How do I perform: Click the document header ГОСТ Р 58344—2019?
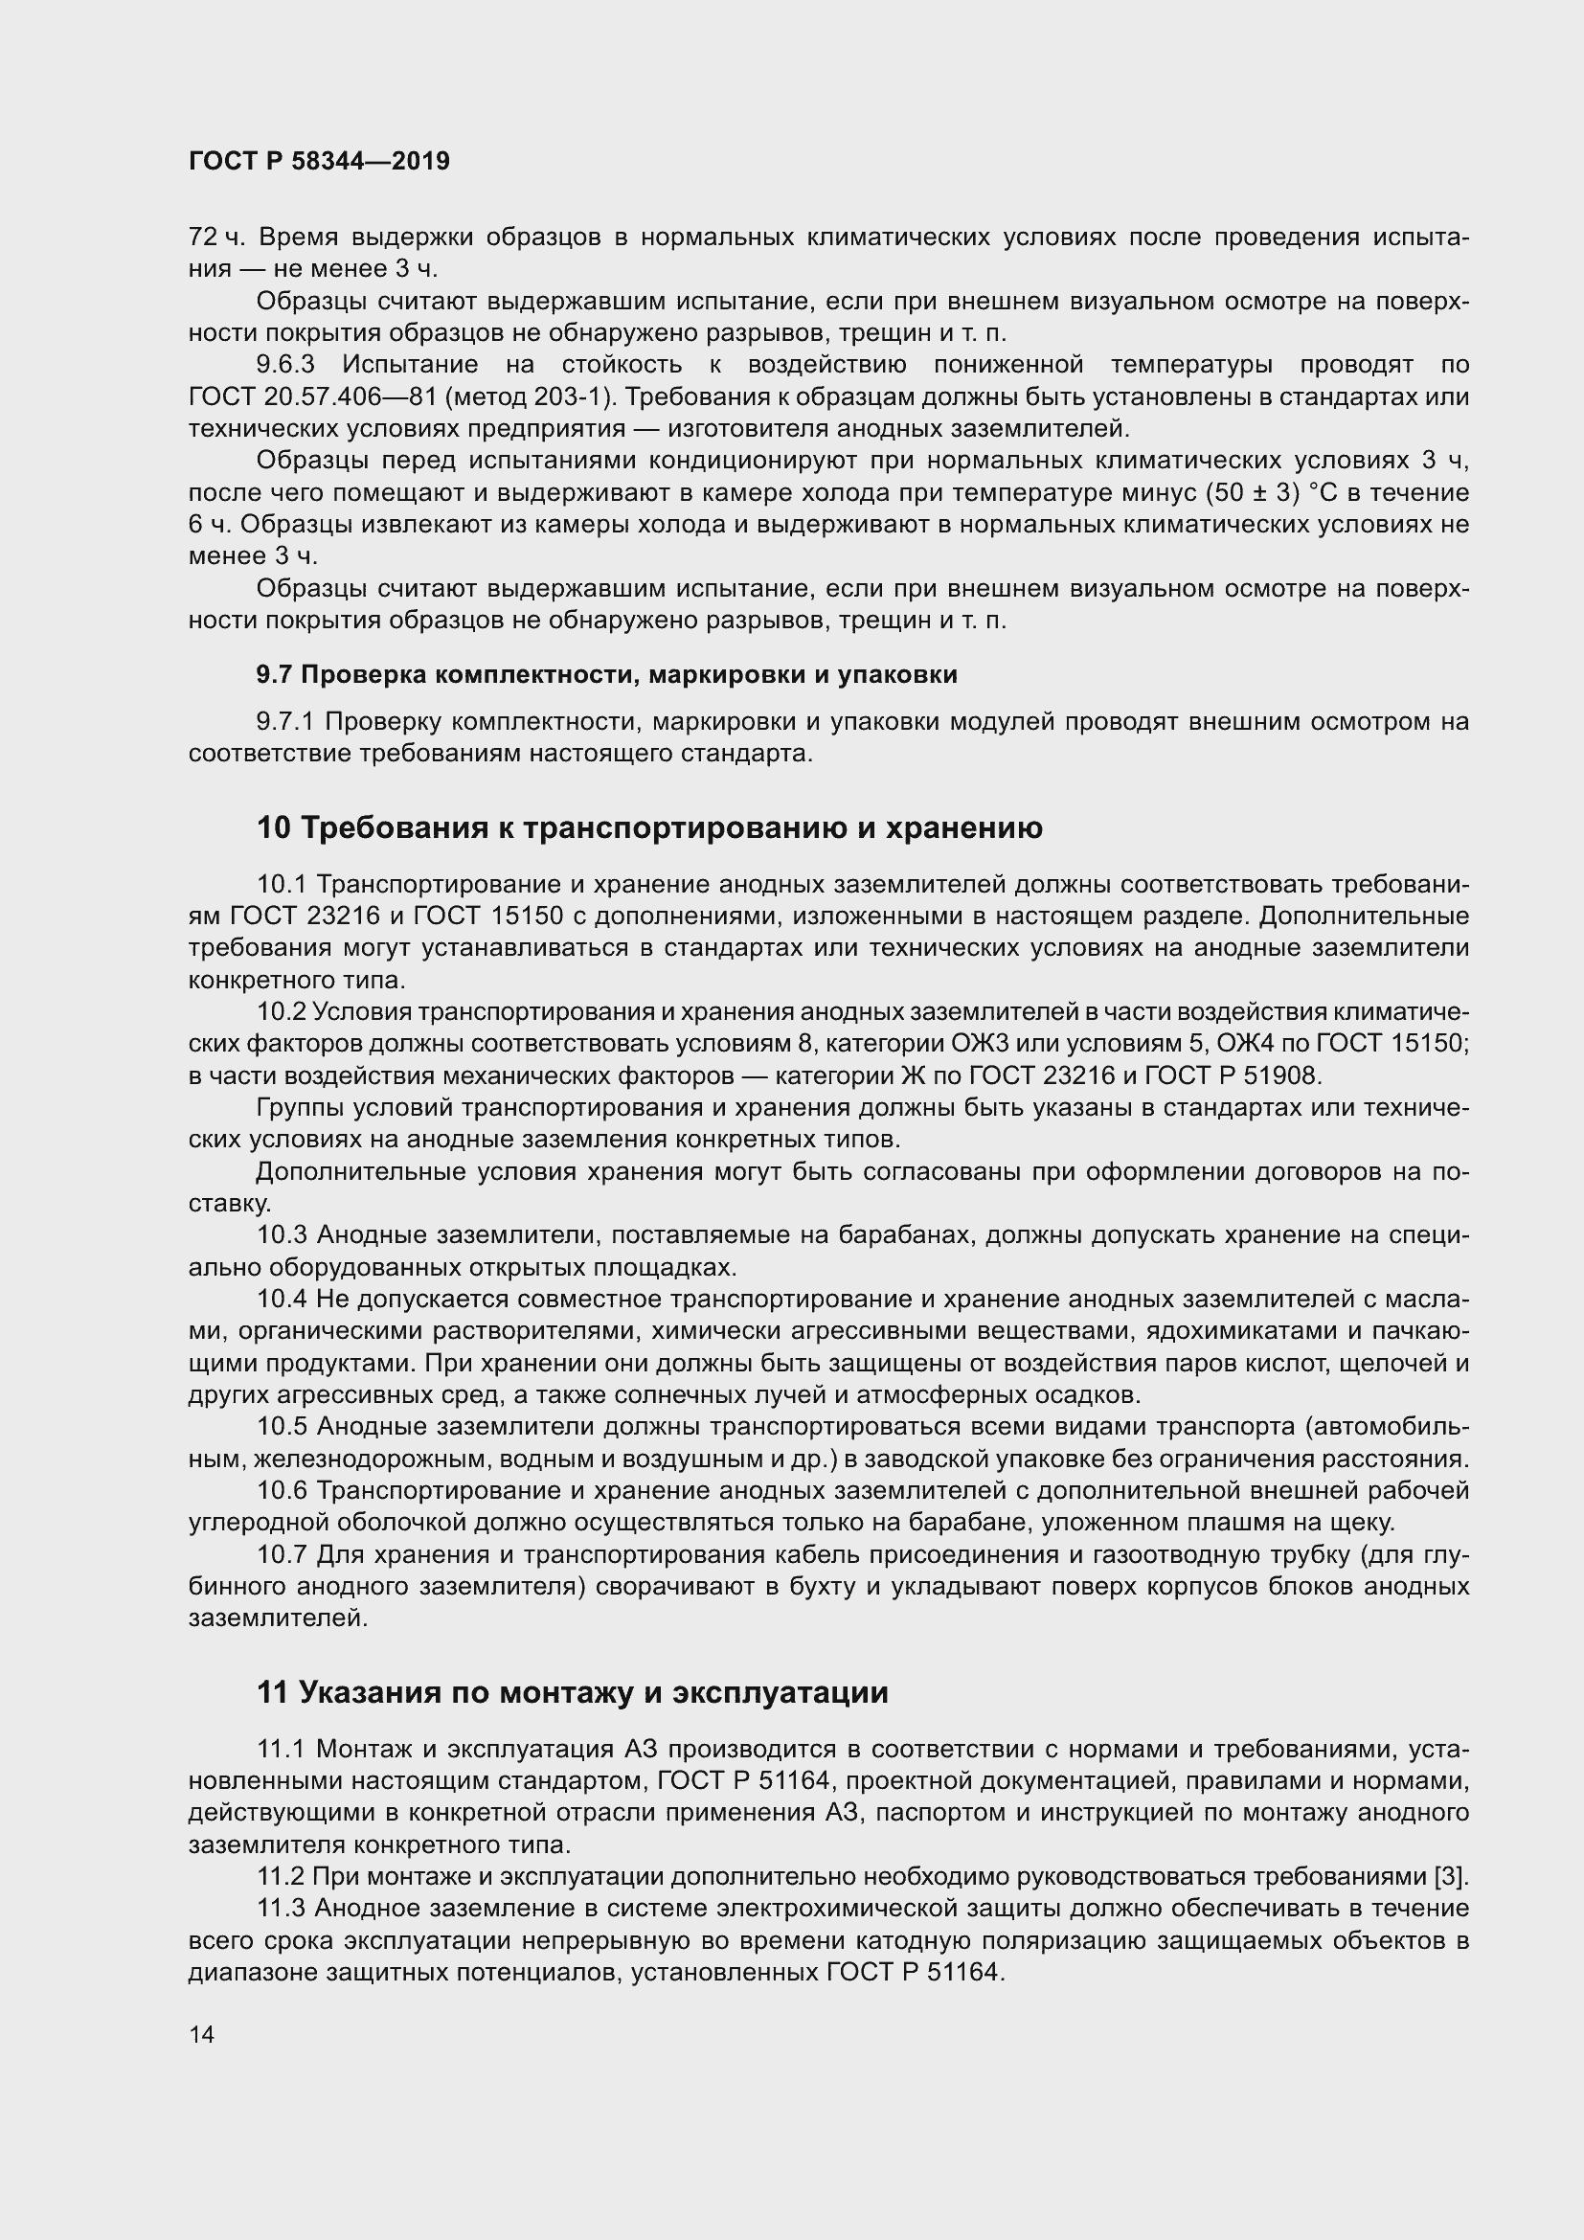click(x=319, y=162)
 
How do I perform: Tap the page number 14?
click(x=202, y=2034)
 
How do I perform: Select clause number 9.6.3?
click(x=284, y=365)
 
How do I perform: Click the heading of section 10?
click(x=649, y=827)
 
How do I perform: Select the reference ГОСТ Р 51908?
click(x=1232, y=1076)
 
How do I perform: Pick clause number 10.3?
click(x=282, y=1235)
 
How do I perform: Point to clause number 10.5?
click(x=282, y=1426)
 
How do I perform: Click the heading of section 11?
click(x=573, y=1692)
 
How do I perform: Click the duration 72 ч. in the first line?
click(x=217, y=238)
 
